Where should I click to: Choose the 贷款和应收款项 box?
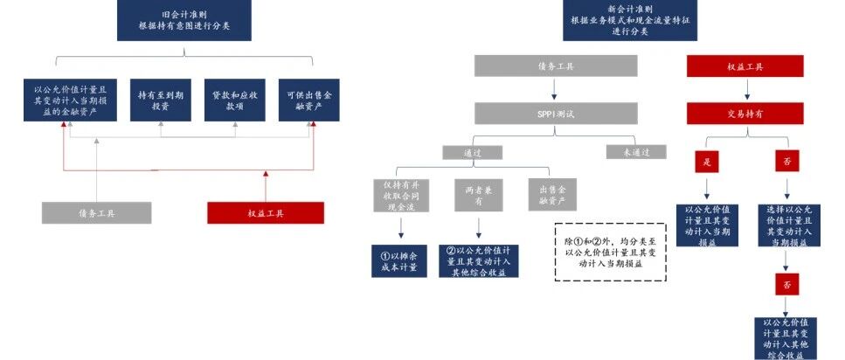pyautogui.click(x=234, y=100)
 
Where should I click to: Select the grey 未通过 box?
pyautogui.click(x=635, y=152)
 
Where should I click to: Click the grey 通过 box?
pyautogui.click(x=472, y=152)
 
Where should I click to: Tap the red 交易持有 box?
pyautogui.click(x=745, y=113)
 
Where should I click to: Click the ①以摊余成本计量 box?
pyautogui.click(x=398, y=260)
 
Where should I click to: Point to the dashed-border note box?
pyautogui.click(x=611, y=251)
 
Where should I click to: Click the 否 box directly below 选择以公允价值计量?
pyautogui.click(x=786, y=284)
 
